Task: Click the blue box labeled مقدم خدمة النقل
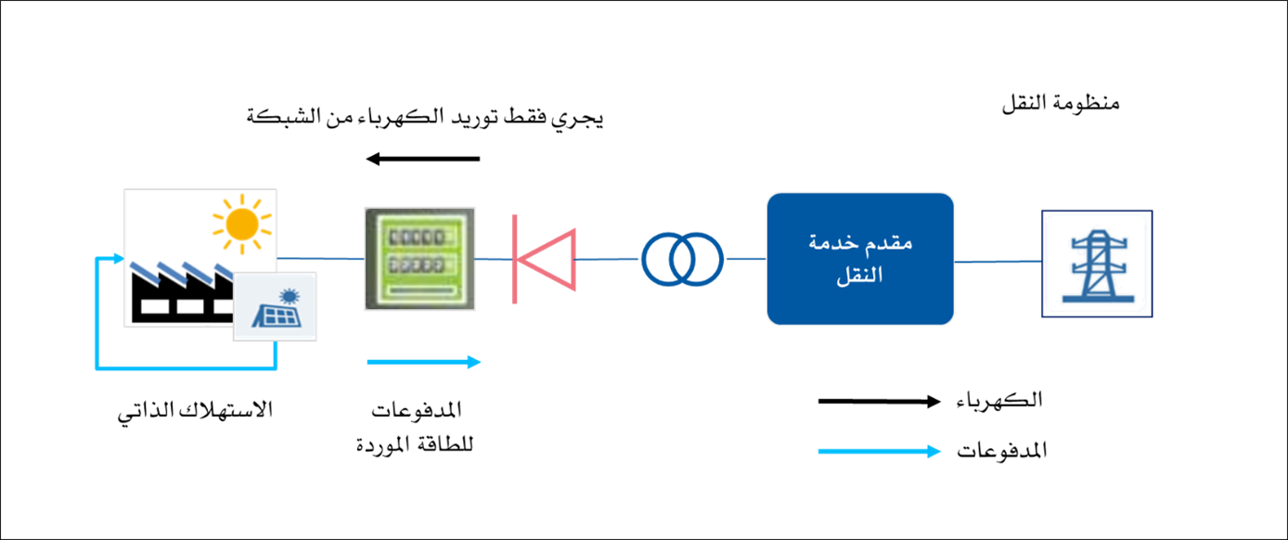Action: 860,259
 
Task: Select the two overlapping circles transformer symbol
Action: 683,259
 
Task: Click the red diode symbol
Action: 544,259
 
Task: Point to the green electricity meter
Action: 419,259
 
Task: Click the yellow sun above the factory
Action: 242,224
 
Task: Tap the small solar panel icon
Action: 275,306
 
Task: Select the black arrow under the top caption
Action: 423,159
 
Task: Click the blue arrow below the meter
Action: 424,362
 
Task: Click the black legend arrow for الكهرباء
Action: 879,402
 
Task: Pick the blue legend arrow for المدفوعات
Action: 879,452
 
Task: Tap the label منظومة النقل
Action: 1061,104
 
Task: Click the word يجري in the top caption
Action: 578,119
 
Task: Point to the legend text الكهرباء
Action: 999,400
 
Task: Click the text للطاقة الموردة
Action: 415,444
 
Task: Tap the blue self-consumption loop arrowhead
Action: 119,259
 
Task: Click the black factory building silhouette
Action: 181,293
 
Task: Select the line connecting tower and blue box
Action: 998,262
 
